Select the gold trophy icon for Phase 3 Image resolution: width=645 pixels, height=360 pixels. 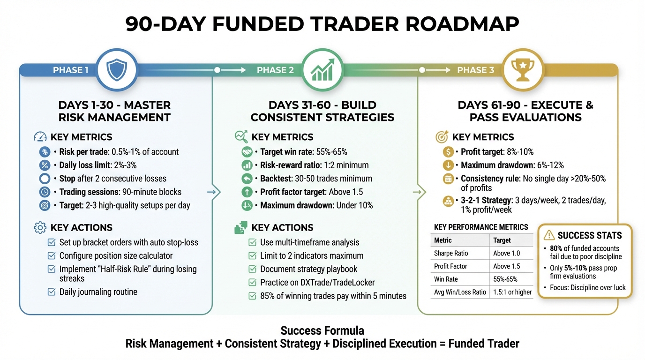pos(522,70)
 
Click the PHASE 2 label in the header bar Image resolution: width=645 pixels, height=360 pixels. pos(275,70)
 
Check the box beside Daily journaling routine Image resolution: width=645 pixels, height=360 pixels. pos(52,292)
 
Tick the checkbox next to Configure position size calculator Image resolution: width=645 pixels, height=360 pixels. pos(52,256)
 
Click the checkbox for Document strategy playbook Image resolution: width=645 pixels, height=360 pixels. pos(252,270)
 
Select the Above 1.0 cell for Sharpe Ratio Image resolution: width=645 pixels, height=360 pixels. pos(506,253)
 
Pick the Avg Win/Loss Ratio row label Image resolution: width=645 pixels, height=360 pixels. pos(460,292)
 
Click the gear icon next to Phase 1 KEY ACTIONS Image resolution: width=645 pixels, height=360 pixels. pos(40,228)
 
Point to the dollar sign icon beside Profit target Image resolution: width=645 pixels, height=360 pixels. pos(448,152)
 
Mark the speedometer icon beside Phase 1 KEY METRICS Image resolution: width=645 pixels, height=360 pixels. pos(40,137)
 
